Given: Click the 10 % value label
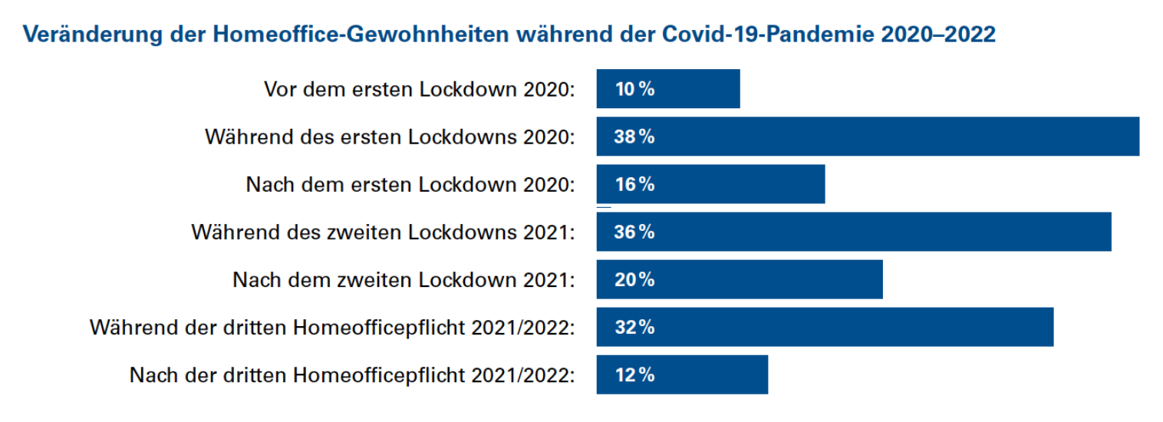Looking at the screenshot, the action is tap(634, 89).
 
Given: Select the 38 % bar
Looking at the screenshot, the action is tap(868, 137).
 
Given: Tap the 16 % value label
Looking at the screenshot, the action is tap(634, 184).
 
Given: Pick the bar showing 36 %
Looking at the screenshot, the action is tap(854, 232).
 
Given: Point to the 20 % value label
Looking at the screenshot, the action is tap(634, 279).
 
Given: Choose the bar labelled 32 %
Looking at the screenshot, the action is tap(825, 327).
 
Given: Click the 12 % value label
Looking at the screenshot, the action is tap(634, 374).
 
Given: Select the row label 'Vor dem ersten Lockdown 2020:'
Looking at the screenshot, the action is tap(420, 89).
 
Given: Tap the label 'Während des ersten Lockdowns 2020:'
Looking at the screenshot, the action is tap(390, 137).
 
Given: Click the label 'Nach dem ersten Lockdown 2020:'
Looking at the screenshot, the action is tap(410, 184).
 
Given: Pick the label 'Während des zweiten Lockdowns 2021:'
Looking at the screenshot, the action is tap(383, 232).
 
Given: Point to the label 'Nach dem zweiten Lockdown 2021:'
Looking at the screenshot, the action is tap(404, 280).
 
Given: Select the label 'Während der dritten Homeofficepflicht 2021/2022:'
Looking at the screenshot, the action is tap(332, 328).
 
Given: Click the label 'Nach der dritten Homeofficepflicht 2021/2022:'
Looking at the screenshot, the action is tap(352, 375).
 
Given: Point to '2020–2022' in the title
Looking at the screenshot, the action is tap(939, 35).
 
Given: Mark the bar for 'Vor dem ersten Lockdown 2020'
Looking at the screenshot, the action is tap(668, 89).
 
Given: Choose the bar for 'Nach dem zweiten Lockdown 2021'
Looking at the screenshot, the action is tap(740, 279).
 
